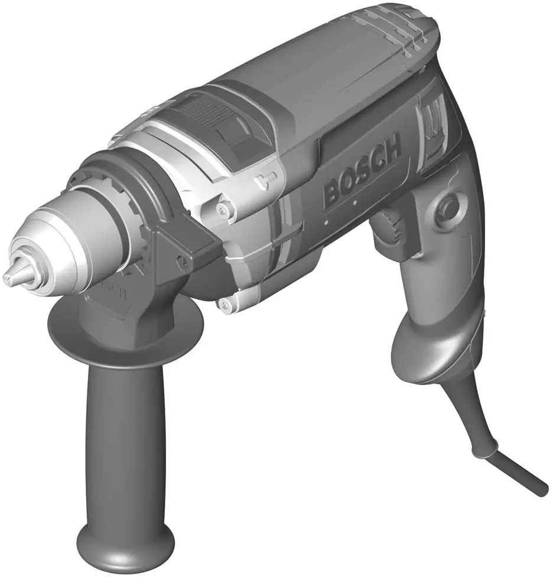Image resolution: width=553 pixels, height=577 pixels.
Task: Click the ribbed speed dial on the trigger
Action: click(x=389, y=227)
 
